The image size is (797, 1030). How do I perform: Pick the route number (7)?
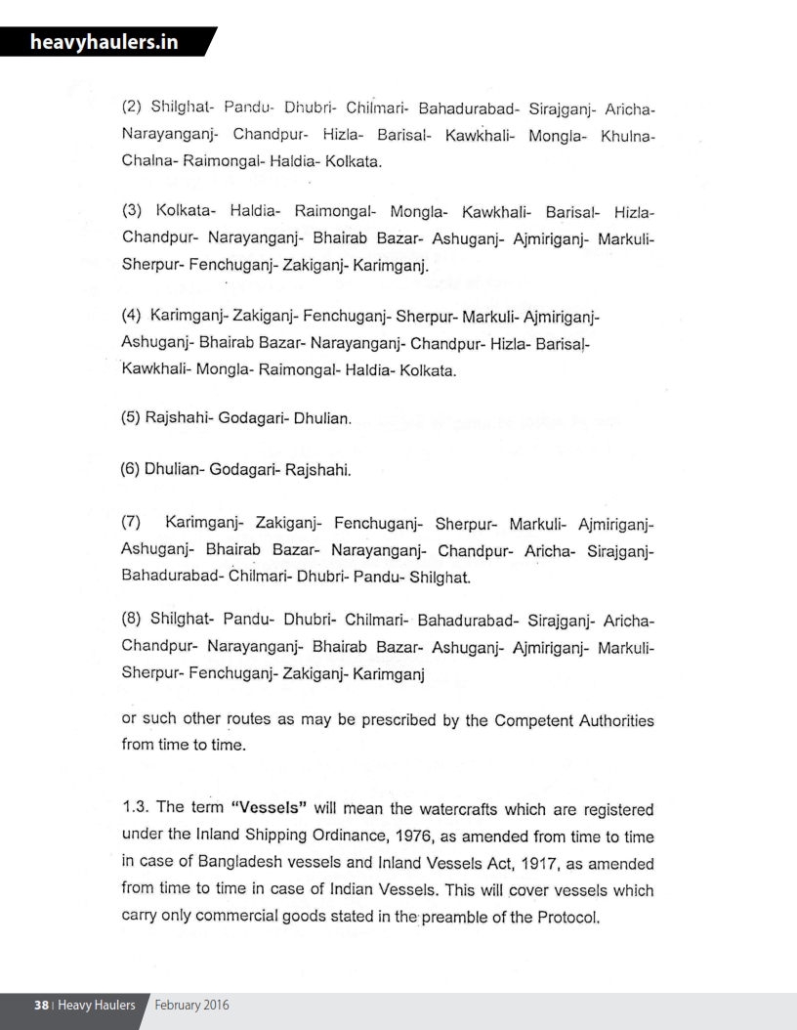pos(134,528)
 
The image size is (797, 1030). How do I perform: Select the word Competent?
pos(532,721)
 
